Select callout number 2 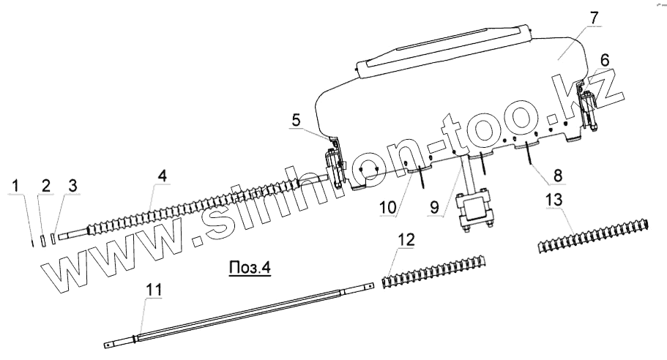(45, 187)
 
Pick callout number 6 (605, 59)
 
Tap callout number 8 (558, 176)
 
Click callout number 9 (436, 207)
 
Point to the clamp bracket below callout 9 (472, 212)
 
